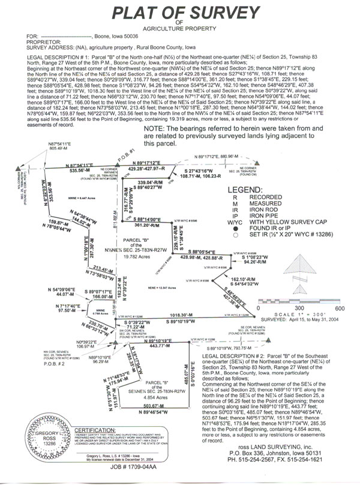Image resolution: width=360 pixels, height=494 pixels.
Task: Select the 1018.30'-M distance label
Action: [181, 315]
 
